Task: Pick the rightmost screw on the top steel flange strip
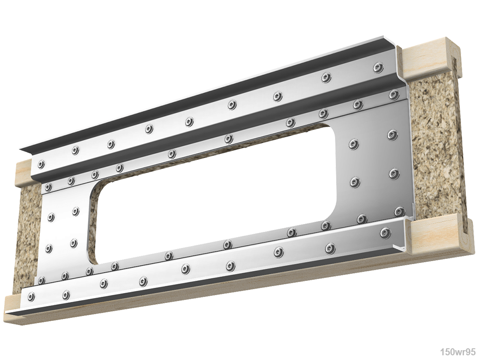pyautogui.click(x=378, y=68)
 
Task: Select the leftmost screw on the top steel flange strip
pyautogui.click(x=41, y=164)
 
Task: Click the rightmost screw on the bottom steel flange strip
pyautogui.click(x=385, y=232)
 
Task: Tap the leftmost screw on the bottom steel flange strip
pyautogui.click(x=31, y=296)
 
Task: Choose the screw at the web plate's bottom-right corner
pyautogui.click(x=399, y=211)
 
